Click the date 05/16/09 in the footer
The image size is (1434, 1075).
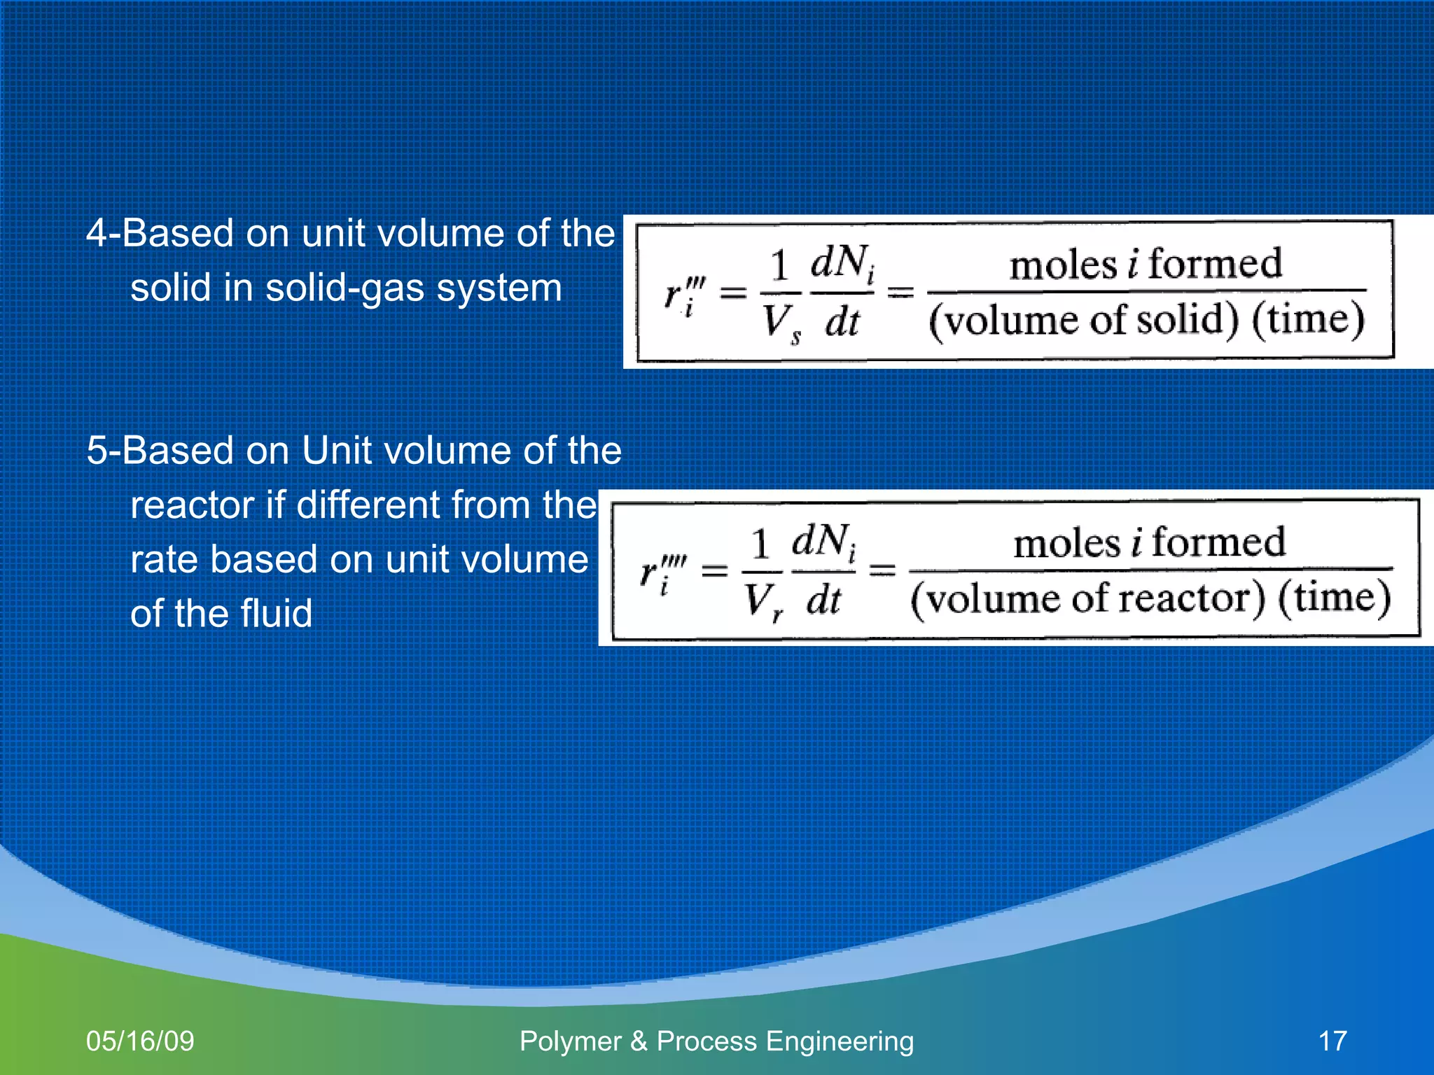(x=140, y=1041)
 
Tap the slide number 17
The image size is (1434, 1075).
(x=1332, y=1041)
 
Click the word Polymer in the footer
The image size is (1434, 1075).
(x=570, y=1041)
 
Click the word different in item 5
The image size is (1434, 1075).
(x=369, y=505)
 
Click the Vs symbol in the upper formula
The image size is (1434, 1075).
(x=780, y=324)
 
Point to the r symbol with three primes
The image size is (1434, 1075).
(x=683, y=294)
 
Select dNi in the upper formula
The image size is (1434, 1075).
(x=842, y=264)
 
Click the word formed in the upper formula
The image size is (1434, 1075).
(x=1215, y=264)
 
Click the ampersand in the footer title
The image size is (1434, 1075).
(x=638, y=1041)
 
